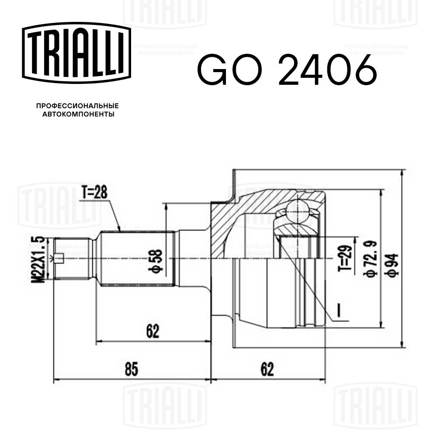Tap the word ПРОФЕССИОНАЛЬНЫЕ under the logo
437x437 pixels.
pyautogui.click(x=77, y=106)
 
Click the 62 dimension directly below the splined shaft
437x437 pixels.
pyautogui.click(x=152, y=331)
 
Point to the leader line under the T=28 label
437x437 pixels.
pyautogui.click(x=114, y=216)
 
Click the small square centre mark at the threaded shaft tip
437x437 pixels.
pyautogui.click(x=61, y=259)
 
